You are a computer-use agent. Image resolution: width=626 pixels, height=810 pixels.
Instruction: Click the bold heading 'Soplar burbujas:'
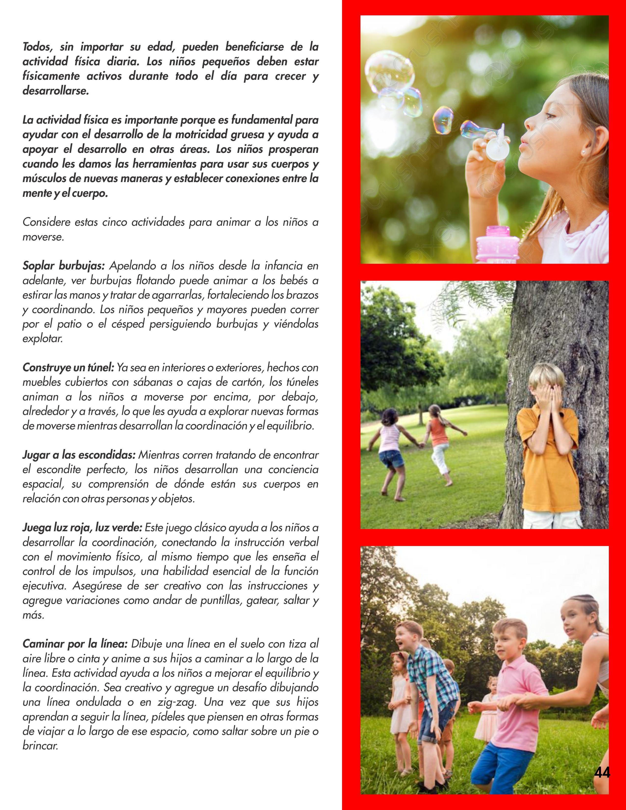[64, 266]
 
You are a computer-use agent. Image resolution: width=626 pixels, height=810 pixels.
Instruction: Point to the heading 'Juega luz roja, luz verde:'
[82, 527]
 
